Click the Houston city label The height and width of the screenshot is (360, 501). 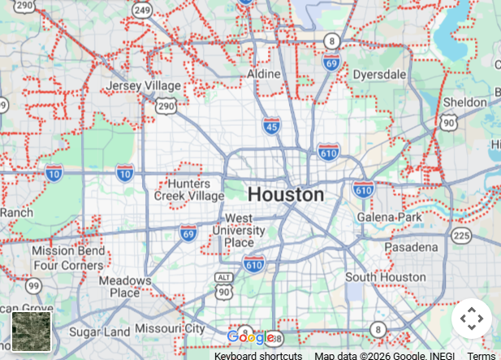tap(285, 195)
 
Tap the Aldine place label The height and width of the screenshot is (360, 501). tap(264, 74)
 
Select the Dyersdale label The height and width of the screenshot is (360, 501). tap(379, 74)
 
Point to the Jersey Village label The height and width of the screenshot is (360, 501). tap(144, 85)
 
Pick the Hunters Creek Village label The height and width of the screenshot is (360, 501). tap(189, 190)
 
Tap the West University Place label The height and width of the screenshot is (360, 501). tap(239, 230)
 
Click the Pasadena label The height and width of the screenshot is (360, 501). tap(411, 246)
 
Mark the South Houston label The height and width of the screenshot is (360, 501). tap(385, 277)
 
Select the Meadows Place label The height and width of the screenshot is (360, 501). tap(125, 286)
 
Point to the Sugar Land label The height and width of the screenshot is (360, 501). tap(99, 332)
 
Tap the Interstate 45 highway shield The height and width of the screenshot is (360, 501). tap(272, 125)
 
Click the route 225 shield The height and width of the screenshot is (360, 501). tap(461, 235)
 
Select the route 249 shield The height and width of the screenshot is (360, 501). tap(143, 10)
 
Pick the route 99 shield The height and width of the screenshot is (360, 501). tap(33, 285)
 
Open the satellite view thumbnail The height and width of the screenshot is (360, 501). tap(32, 332)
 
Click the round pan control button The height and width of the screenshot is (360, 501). tap(472, 318)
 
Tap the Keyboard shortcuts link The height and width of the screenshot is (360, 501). tap(258, 356)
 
